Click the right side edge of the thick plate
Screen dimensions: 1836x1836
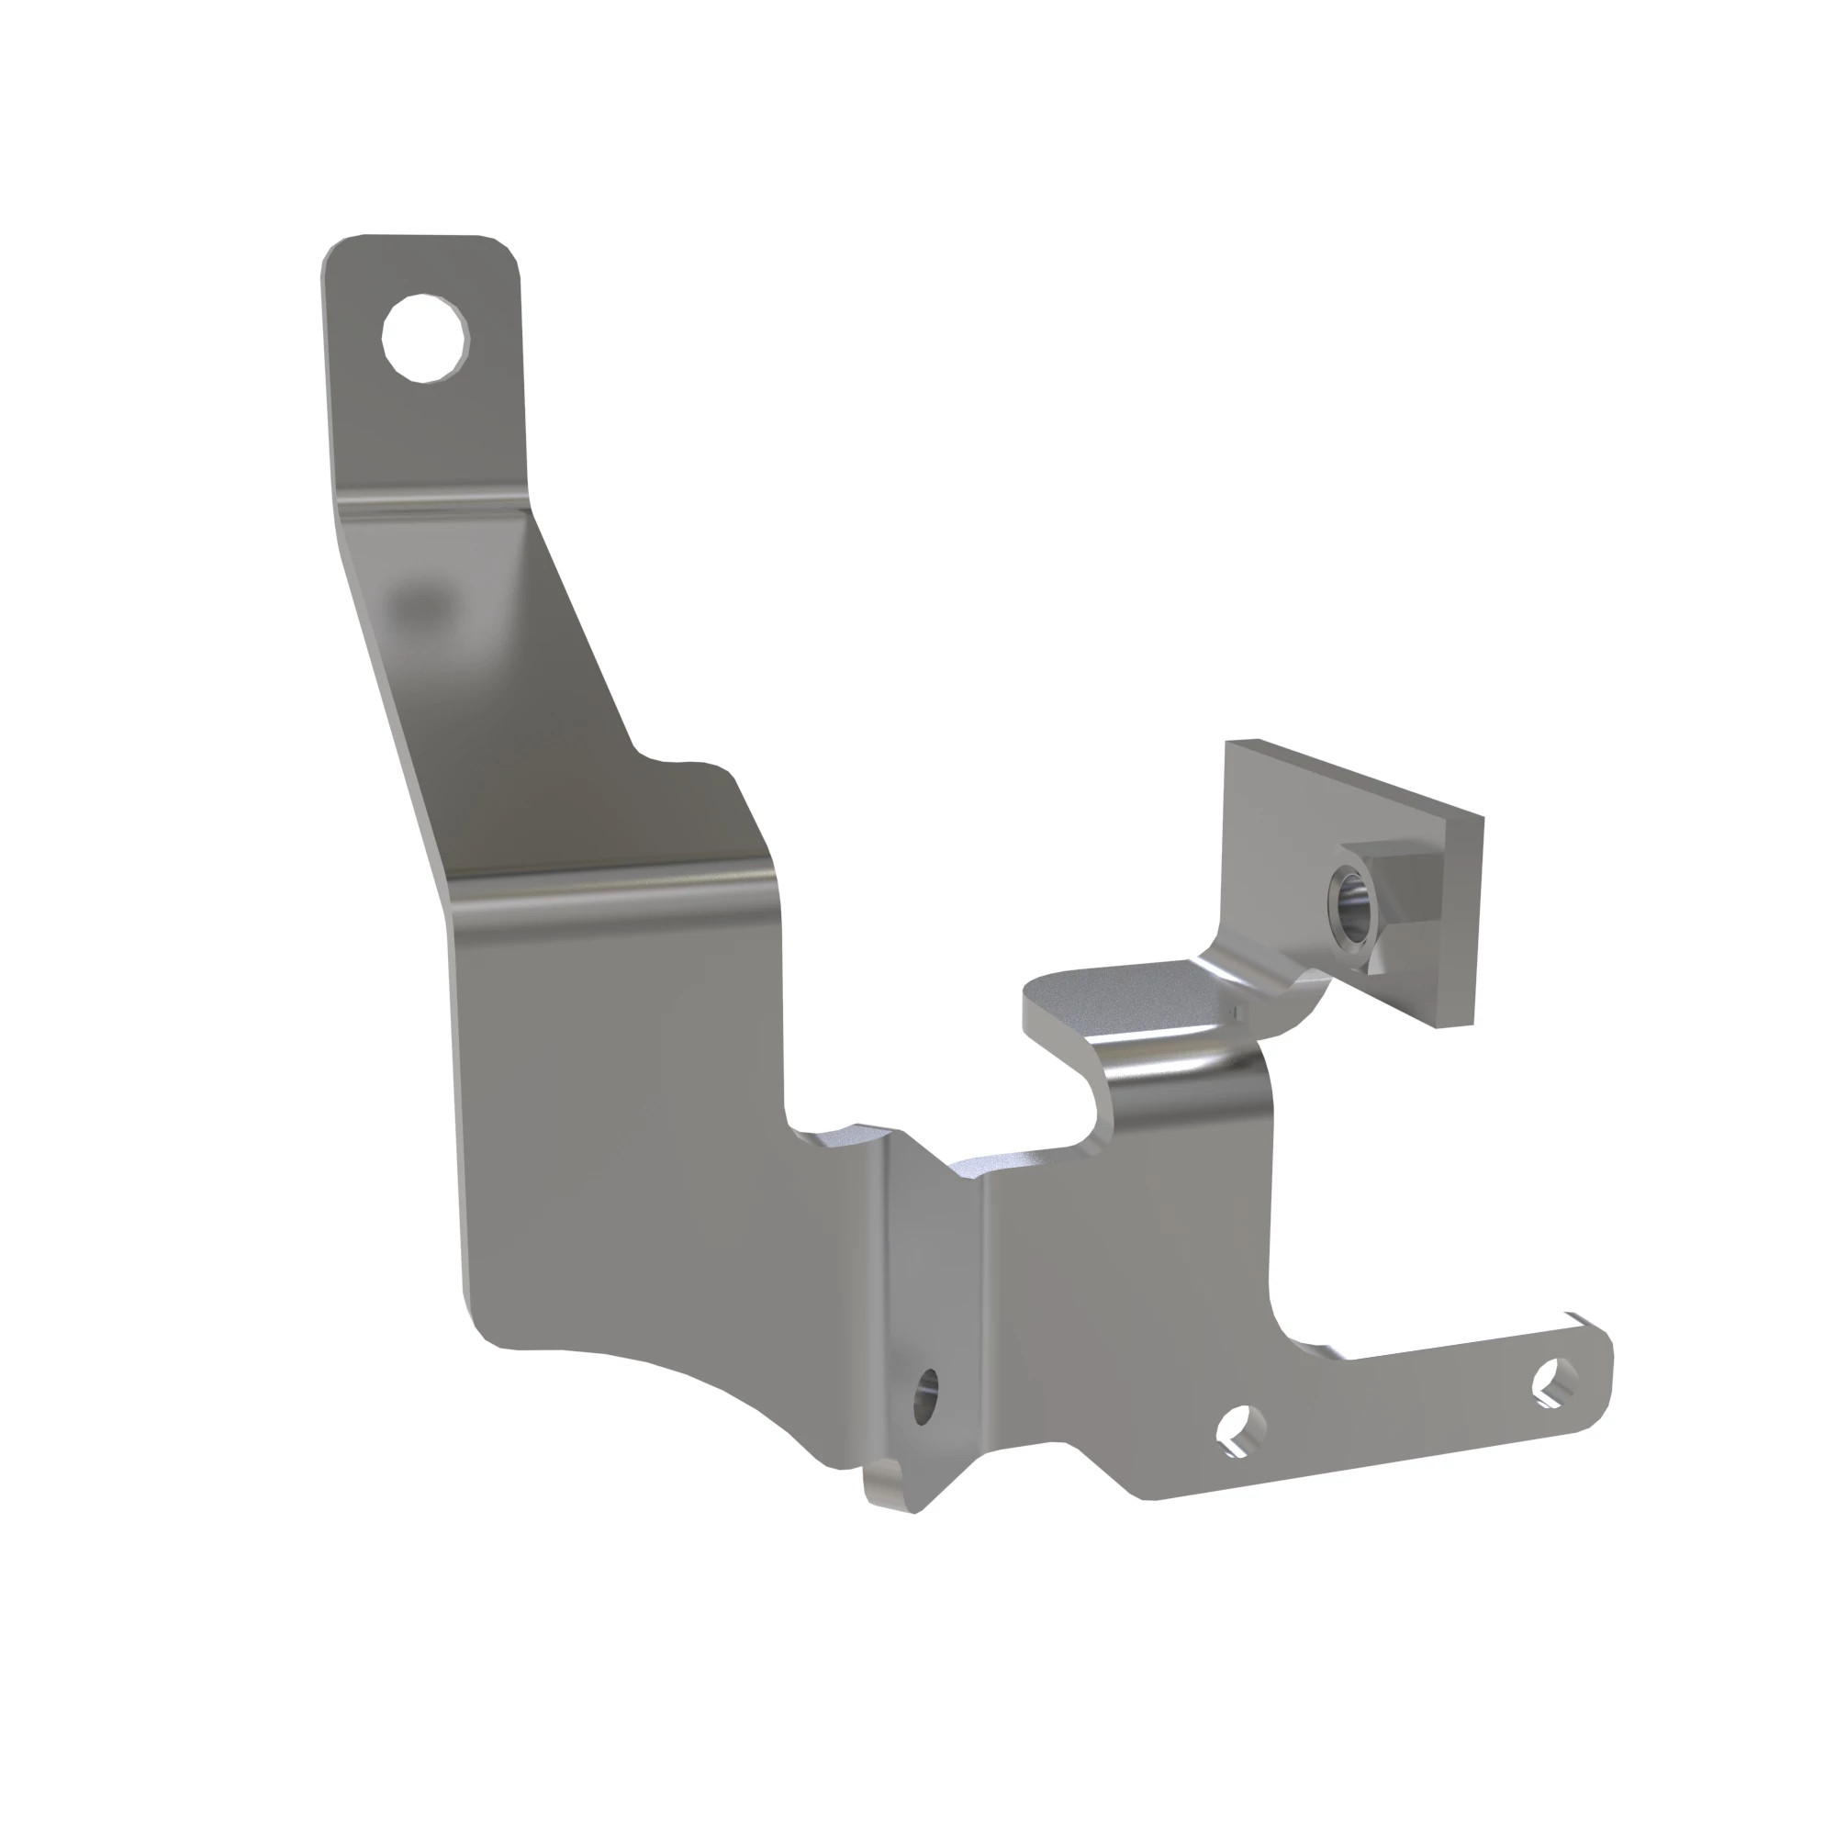(1476, 922)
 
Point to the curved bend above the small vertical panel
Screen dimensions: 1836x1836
(1188, 1064)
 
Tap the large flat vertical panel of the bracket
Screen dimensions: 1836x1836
(627, 1122)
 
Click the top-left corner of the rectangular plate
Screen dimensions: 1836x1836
(1230, 744)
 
